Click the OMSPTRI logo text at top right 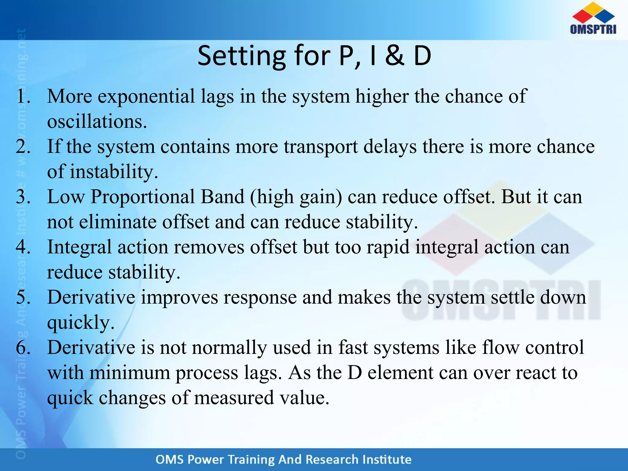click(593, 29)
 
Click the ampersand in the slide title click(395, 56)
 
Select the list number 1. click(23, 97)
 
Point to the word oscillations click(97, 122)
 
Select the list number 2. click(23, 147)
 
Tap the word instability click(114, 172)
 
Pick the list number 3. click(23, 197)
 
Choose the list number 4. click(23, 247)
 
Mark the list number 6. click(23, 348)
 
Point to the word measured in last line click(234, 398)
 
